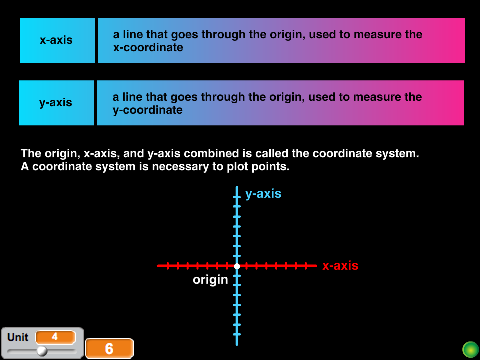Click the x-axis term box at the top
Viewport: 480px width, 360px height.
[x=57, y=40]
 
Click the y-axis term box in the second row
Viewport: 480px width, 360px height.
[x=56, y=103]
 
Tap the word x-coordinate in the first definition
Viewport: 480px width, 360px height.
[x=148, y=48]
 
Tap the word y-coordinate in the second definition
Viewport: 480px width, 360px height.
[x=147, y=110]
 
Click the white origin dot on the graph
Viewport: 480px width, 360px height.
[x=237, y=266]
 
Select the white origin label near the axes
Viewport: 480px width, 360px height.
[x=210, y=280]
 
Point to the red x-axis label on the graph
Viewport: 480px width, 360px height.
[x=340, y=266]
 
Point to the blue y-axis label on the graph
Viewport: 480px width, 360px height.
[x=263, y=194]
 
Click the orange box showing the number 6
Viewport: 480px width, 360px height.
[x=110, y=349]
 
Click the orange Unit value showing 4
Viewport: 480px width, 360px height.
[x=55, y=337]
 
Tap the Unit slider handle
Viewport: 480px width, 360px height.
[x=42, y=351]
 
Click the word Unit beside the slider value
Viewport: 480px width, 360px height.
[x=18, y=337]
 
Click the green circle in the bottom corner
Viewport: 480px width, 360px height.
[x=470, y=349]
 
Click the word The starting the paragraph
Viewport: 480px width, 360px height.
[x=31, y=153]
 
